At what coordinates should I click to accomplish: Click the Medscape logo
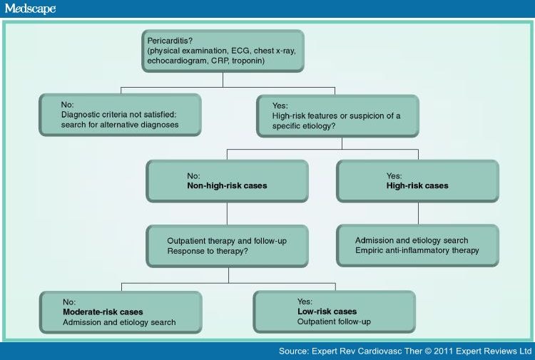pos(30,9)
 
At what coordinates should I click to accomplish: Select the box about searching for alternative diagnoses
pos(118,114)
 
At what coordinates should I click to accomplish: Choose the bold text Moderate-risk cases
pos(102,312)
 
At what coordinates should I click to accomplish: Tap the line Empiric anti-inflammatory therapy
pos(417,250)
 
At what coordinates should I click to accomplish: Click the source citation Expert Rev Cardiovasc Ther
pos(375,351)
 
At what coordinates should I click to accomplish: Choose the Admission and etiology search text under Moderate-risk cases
pos(118,322)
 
